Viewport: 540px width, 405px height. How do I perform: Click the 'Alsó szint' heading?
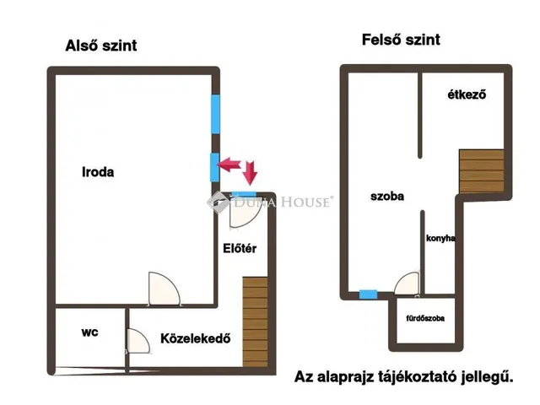click(x=101, y=46)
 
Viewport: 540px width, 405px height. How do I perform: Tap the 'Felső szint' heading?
click(x=401, y=40)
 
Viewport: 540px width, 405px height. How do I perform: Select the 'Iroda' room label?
click(x=98, y=172)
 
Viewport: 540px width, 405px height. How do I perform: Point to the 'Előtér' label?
click(x=240, y=248)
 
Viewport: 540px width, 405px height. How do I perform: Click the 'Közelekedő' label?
click(x=196, y=338)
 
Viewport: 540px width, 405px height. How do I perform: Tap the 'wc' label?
click(x=90, y=332)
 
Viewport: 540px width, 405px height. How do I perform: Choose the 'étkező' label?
click(x=467, y=94)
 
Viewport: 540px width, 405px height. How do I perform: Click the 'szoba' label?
click(x=387, y=197)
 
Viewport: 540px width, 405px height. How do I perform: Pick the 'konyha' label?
click(x=440, y=238)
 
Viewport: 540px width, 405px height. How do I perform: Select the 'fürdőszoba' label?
click(x=425, y=318)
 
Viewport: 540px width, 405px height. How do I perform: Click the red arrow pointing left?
click(x=229, y=165)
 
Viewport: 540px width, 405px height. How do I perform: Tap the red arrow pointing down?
click(x=250, y=172)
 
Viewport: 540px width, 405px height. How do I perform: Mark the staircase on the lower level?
click(x=255, y=322)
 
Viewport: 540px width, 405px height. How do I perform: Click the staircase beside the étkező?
click(x=482, y=171)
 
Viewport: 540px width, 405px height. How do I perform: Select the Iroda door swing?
click(x=164, y=289)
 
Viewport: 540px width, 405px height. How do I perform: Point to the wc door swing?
click(x=138, y=341)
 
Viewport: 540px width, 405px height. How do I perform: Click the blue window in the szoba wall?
click(x=368, y=294)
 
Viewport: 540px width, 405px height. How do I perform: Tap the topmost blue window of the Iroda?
click(x=216, y=114)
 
